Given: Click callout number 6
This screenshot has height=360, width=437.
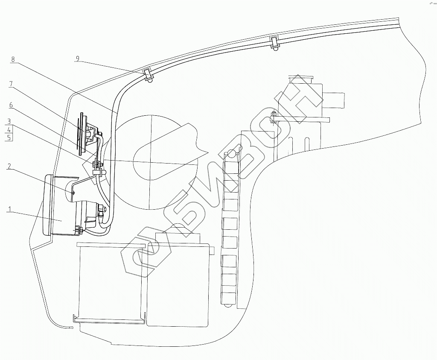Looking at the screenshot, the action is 11,105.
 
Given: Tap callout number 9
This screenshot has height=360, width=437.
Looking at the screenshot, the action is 77,59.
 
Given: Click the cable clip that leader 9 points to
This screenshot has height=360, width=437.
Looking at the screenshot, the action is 148,75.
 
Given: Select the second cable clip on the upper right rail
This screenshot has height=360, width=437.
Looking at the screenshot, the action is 274,42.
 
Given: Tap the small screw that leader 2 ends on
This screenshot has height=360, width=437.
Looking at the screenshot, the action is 73,193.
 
